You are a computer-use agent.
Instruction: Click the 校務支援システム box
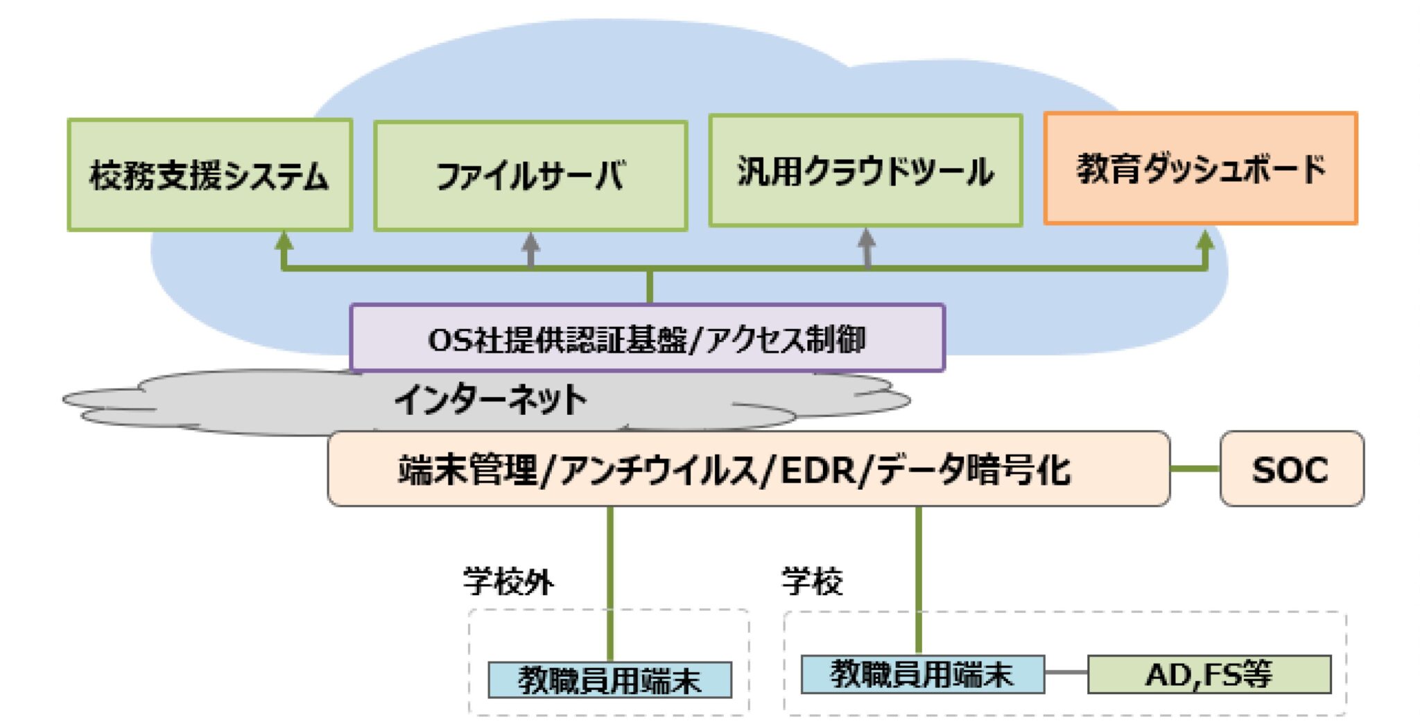[209, 175]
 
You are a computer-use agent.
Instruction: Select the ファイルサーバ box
[530, 176]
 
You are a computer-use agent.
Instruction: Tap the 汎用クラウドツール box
[865, 171]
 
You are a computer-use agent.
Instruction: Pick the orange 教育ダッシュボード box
[1200, 168]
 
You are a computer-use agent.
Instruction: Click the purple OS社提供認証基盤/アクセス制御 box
[647, 339]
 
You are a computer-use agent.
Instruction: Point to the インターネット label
[491, 400]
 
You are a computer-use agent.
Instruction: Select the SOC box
[1291, 469]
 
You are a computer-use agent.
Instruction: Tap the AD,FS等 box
[1209, 674]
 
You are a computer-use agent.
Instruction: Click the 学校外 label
[508, 581]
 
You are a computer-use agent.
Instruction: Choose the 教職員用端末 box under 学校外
[609, 680]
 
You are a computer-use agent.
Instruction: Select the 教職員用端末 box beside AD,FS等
[922, 674]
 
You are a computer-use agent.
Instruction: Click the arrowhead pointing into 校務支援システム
[284, 241]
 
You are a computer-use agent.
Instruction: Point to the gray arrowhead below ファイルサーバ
[530, 242]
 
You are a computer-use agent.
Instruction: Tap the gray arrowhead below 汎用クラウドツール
[866, 239]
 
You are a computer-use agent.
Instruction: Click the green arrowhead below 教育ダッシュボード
[1205, 240]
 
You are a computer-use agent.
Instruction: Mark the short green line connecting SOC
[1195, 469]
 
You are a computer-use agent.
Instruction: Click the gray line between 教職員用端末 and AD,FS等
[1066, 672]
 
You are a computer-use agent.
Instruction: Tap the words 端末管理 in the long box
[467, 470]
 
